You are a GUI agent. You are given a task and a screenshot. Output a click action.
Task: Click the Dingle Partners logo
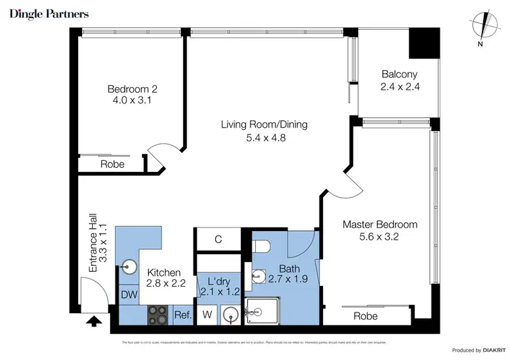pos(49,14)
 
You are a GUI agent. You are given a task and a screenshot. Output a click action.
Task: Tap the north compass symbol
pos(481,27)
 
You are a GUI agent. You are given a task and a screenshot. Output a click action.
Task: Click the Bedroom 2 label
pos(132,89)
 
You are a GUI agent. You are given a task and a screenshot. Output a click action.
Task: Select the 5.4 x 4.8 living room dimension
pos(264,137)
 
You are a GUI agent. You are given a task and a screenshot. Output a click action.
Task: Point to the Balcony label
pos(399,75)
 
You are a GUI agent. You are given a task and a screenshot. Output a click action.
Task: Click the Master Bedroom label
pos(379,224)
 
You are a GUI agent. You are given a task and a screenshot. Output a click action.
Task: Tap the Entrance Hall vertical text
pos(99,249)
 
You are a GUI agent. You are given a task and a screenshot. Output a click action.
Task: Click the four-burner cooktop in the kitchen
pos(159,314)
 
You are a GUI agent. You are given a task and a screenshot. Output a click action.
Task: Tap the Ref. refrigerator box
pos(183,315)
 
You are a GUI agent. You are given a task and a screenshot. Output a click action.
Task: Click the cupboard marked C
pos(219,239)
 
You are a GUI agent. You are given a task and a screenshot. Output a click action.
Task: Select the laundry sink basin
pos(230,314)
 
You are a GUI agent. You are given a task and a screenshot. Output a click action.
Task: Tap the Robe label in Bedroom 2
pos(112,164)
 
